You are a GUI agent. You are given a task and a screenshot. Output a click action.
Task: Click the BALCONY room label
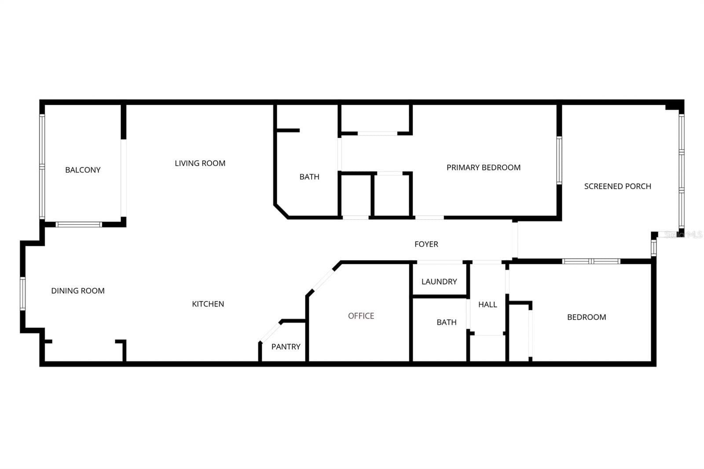[x=83, y=170]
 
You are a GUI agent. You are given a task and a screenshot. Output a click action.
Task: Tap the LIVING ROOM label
[x=200, y=164]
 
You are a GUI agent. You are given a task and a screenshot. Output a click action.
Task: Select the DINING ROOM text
[x=78, y=291]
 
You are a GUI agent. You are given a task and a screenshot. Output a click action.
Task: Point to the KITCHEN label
[x=208, y=304]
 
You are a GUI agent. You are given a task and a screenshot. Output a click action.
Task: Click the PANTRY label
[x=286, y=347]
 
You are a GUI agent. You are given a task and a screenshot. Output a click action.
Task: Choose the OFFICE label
[x=361, y=316]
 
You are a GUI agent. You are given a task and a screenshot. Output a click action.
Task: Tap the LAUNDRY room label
[x=439, y=282]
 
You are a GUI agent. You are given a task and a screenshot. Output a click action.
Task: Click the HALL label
[x=488, y=304]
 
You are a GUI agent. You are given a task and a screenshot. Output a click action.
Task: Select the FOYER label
[x=426, y=244]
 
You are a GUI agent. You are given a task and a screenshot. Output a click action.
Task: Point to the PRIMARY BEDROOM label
[x=484, y=168]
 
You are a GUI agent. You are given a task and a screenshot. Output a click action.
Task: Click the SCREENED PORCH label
[x=618, y=187]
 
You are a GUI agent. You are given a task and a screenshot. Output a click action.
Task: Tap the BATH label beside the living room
[x=309, y=177]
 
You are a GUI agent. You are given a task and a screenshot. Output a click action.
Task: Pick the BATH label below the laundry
[x=447, y=322]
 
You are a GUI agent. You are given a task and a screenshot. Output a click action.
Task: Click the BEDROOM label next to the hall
[x=587, y=317]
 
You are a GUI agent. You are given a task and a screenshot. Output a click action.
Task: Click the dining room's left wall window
[x=22, y=293]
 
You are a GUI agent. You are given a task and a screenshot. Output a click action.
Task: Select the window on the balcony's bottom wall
[x=79, y=224]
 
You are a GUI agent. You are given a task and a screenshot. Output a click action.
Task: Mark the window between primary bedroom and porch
[x=559, y=160]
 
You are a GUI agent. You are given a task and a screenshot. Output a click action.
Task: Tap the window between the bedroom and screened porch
[x=591, y=261]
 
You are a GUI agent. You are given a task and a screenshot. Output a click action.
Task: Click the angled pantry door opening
[x=270, y=332]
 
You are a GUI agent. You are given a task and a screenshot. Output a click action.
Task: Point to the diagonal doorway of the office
[x=322, y=280]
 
